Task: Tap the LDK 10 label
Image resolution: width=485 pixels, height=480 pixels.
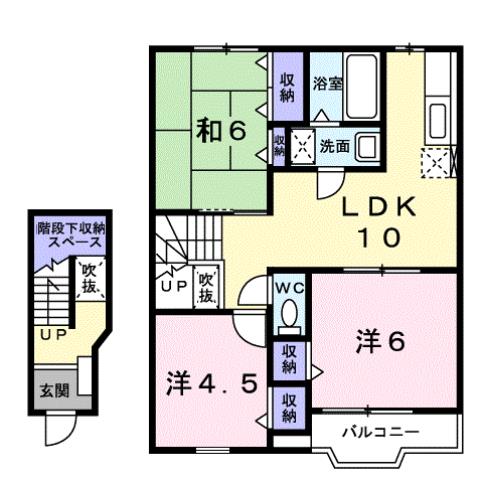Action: click(376, 222)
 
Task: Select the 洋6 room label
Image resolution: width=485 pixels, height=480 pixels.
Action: click(380, 342)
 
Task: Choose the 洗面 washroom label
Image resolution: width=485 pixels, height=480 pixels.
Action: click(334, 146)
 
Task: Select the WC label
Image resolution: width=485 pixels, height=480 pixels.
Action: click(289, 287)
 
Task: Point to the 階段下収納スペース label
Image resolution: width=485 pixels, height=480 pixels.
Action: click(71, 236)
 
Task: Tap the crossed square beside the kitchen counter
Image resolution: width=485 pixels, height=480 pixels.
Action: click(436, 160)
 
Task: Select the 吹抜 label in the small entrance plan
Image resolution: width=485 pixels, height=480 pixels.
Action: click(91, 276)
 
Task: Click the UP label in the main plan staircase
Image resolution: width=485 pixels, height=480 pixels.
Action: click(169, 286)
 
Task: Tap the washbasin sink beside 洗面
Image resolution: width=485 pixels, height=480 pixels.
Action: click(366, 147)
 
